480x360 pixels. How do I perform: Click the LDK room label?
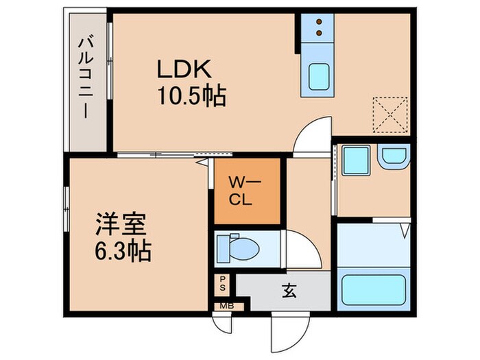click(184, 70)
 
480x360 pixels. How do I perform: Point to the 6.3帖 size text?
click(123, 251)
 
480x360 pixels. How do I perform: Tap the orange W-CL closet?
click(247, 191)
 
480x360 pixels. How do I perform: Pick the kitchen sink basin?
click(319, 76)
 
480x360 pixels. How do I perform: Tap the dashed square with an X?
click(390, 115)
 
